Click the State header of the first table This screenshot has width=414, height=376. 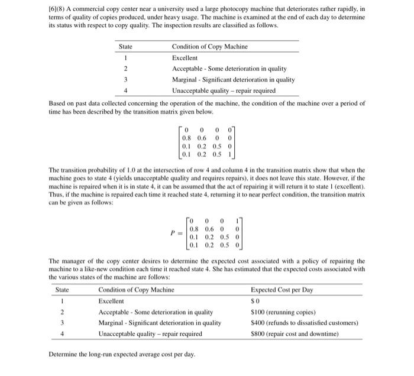(x=125, y=47)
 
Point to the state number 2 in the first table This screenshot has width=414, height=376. (x=125, y=69)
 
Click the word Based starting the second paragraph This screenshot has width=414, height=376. (x=58, y=103)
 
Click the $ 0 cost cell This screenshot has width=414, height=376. (x=255, y=301)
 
